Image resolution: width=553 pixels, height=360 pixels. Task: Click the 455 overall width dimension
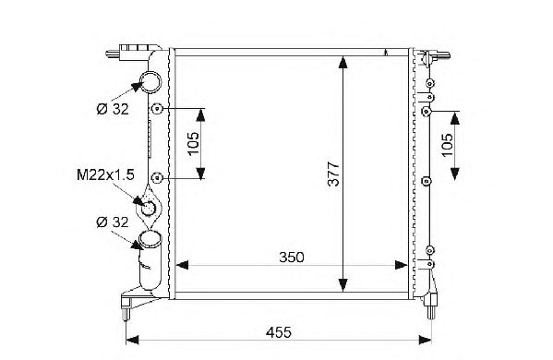(x=279, y=332)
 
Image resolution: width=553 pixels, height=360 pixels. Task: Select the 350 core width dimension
(x=292, y=258)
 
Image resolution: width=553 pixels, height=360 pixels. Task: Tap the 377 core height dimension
(x=333, y=174)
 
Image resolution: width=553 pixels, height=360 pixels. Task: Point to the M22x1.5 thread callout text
(x=105, y=174)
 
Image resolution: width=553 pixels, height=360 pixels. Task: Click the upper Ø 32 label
(x=113, y=109)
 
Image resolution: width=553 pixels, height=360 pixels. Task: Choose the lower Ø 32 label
(x=113, y=222)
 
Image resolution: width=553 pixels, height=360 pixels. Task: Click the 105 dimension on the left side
(x=193, y=143)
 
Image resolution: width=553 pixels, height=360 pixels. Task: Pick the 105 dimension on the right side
(x=447, y=145)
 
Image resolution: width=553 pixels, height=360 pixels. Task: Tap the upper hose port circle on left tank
(x=151, y=82)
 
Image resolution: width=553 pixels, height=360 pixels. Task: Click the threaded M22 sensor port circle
(x=149, y=208)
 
